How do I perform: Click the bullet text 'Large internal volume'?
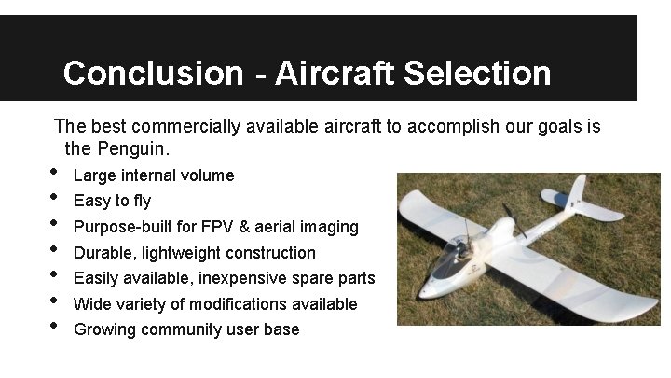point(154,175)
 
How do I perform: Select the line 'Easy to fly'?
point(112,201)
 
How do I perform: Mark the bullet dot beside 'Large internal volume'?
point(56,172)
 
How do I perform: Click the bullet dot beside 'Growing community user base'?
point(56,326)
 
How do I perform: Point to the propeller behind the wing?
point(509,220)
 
